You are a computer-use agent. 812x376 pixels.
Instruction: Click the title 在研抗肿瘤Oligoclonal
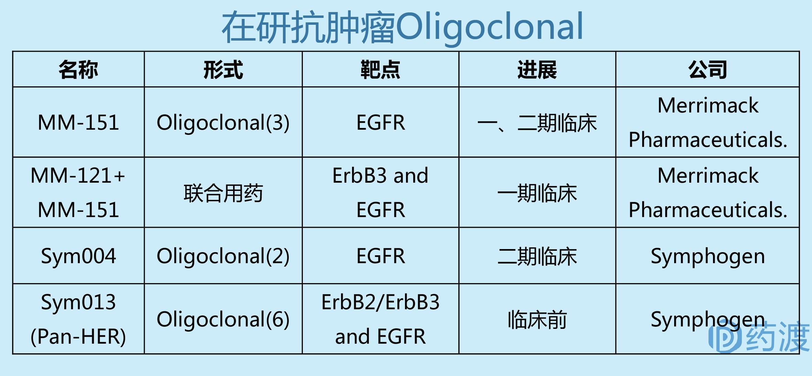click(402, 27)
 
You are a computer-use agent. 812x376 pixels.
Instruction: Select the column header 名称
click(78, 70)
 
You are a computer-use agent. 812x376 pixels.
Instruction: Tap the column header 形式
click(223, 70)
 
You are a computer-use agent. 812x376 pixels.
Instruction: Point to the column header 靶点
click(380, 70)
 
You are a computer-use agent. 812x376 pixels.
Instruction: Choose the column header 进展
click(537, 70)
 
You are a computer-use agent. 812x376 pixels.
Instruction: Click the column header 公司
click(707, 70)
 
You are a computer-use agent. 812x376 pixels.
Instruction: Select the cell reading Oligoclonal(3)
click(223, 123)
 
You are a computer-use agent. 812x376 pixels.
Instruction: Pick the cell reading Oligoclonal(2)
click(223, 256)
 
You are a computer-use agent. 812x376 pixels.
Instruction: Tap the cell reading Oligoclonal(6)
click(223, 320)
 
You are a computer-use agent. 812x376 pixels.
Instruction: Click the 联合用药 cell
click(223, 193)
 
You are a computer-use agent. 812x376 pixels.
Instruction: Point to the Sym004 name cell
click(78, 256)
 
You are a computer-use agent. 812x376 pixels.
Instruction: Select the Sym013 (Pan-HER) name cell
click(78, 319)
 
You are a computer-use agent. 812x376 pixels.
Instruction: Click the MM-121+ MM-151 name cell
click(78, 193)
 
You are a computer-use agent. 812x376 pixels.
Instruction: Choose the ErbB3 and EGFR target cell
click(380, 193)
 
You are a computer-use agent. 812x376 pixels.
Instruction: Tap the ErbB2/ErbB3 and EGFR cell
click(380, 319)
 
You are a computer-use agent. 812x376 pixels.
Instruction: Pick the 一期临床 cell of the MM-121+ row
click(537, 193)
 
